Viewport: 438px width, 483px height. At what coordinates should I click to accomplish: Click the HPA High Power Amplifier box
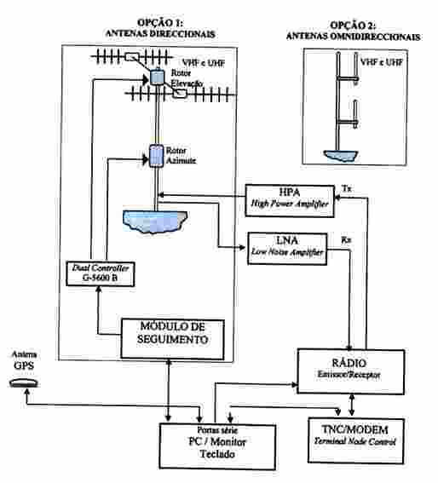(290, 201)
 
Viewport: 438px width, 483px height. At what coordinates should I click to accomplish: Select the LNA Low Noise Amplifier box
(287, 249)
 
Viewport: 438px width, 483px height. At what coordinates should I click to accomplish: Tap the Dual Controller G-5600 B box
(101, 273)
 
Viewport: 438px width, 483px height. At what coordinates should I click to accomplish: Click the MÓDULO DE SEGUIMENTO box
(172, 339)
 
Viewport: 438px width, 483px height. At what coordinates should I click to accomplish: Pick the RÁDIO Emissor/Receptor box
(351, 371)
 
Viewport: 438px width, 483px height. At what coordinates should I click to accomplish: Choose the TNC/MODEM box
(356, 440)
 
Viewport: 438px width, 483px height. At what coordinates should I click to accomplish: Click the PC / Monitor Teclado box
(217, 446)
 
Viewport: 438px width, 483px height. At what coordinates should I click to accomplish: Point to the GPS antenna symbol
(24, 382)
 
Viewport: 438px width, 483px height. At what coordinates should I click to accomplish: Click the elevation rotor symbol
(157, 77)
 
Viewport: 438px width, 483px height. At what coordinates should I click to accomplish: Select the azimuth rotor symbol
(156, 156)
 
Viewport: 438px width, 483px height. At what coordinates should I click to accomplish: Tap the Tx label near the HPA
(347, 188)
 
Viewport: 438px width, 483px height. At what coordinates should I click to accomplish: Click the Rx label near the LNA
(346, 240)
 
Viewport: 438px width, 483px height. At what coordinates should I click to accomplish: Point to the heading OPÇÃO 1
(160, 23)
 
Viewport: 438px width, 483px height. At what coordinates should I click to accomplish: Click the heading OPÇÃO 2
(353, 25)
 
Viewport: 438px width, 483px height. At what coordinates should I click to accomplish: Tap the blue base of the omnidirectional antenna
(341, 156)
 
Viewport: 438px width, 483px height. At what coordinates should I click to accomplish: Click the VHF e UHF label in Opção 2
(382, 62)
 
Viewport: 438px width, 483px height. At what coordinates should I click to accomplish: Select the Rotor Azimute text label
(181, 156)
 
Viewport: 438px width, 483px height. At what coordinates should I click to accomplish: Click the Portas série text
(217, 429)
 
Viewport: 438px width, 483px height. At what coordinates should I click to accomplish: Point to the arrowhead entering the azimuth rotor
(146, 159)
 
